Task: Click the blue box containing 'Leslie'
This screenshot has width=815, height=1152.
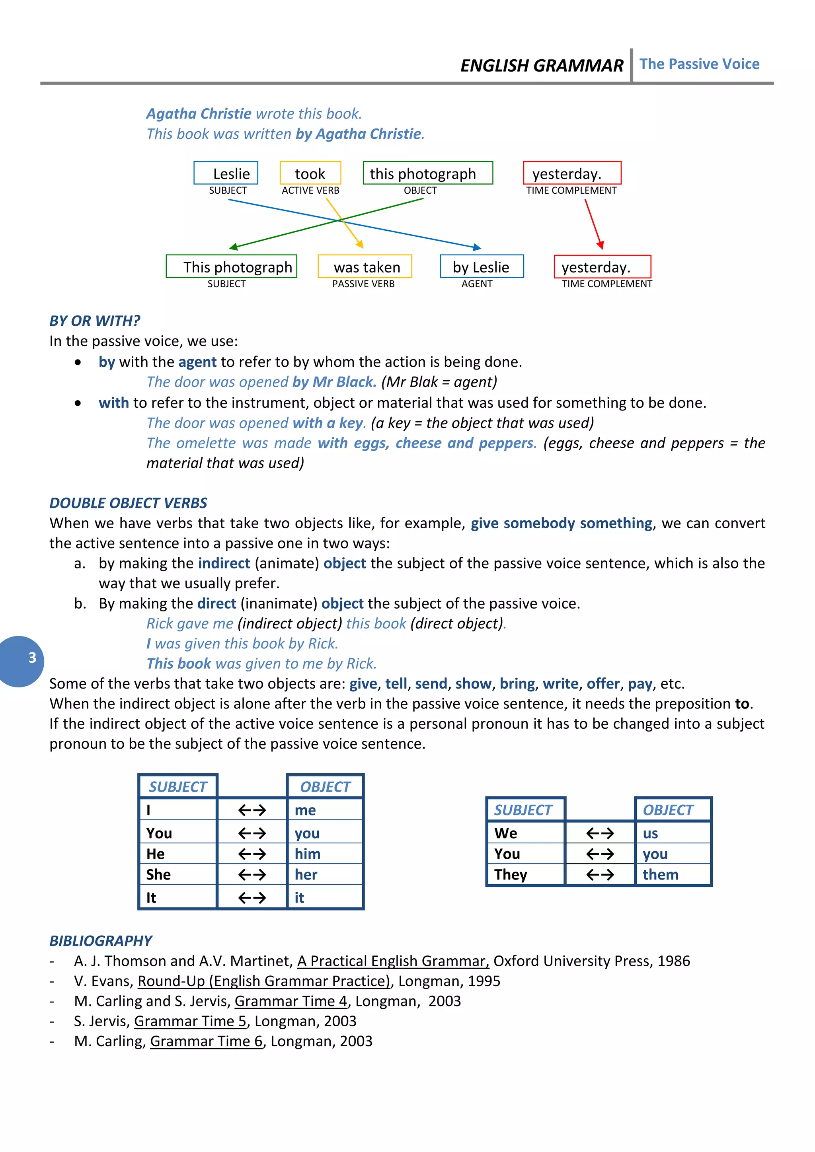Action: [226, 173]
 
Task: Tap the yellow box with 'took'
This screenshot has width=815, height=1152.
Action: [310, 173]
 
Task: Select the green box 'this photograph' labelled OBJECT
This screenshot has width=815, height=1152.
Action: [427, 173]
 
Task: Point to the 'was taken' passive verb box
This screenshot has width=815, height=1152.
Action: [365, 267]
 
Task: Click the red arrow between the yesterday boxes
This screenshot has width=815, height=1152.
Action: [593, 223]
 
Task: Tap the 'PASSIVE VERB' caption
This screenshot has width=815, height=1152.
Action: [363, 284]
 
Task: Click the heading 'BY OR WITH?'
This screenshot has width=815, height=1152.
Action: [94, 321]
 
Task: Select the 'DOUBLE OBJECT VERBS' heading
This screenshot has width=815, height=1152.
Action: [128, 503]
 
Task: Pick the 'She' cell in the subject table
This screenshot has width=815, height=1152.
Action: [159, 874]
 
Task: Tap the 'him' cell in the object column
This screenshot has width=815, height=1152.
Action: [308, 854]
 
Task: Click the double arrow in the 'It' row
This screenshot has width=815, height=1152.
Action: [252, 897]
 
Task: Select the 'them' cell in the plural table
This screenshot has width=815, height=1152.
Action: [661, 874]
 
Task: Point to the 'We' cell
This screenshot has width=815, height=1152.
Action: [506, 833]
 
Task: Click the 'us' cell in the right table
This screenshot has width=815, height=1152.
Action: [650, 833]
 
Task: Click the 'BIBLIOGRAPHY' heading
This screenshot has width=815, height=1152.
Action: [100, 940]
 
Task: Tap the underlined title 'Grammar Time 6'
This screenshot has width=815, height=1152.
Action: [206, 1041]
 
